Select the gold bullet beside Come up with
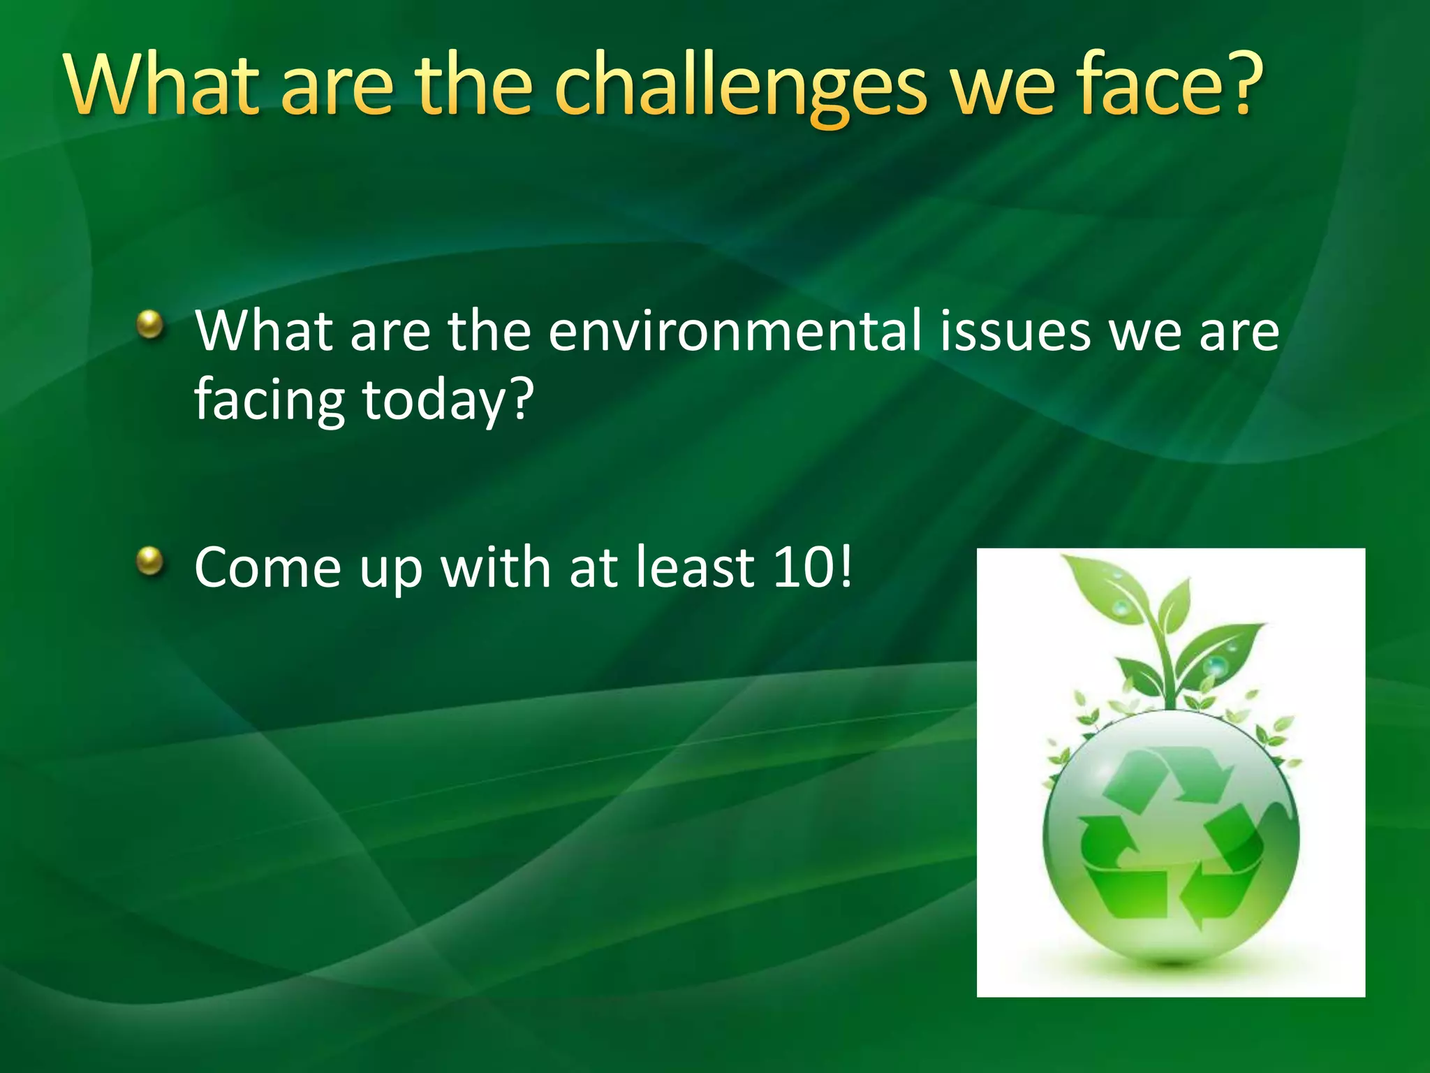click(x=149, y=560)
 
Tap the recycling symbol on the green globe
click(x=1171, y=835)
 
